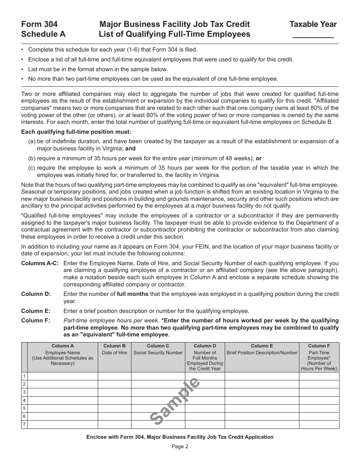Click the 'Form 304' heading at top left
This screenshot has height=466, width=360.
(39, 24)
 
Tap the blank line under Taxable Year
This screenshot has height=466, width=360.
(313, 36)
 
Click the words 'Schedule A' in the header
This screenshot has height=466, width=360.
(43, 34)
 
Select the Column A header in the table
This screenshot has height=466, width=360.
(63, 357)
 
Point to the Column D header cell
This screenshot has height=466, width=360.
(205, 357)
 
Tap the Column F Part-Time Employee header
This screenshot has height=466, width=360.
(319, 357)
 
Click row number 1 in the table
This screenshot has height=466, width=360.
(24, 376)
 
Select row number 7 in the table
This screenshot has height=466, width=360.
(24, 424)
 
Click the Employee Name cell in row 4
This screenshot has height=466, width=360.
(63, 400)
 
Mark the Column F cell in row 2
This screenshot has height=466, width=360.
(319, 384)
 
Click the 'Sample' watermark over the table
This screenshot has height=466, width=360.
(175, 401)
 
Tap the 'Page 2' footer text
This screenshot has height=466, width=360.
(180, 446)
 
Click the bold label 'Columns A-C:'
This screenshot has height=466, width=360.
(40, 263)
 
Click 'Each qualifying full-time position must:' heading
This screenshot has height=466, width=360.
(76, 132)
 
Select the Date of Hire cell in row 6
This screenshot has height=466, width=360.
(114, 416)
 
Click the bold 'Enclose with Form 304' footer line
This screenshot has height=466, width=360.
(180, 437)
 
